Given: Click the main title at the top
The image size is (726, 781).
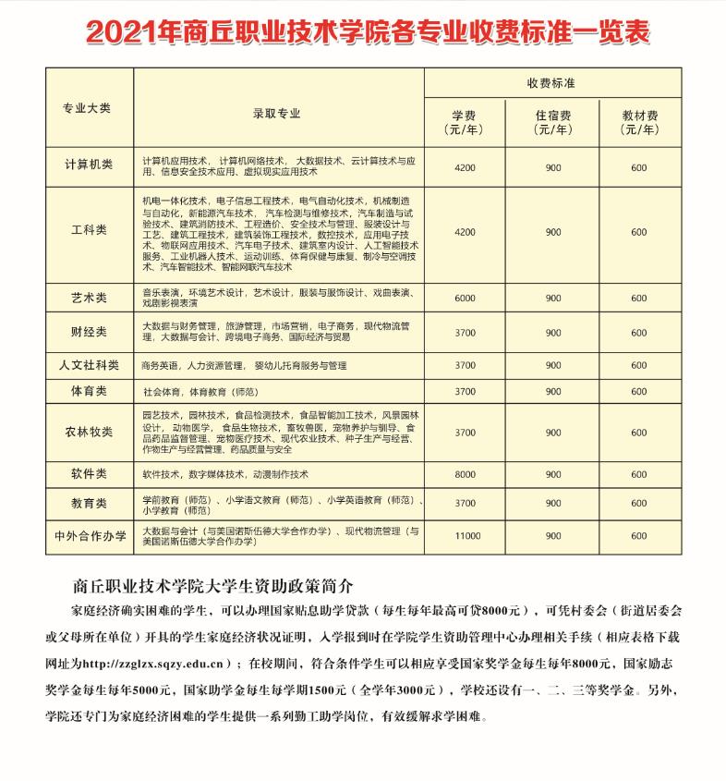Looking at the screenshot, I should point(367,31).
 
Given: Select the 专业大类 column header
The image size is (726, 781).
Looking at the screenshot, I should point(87,108).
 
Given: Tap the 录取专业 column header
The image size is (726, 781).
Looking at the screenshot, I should point(277,114).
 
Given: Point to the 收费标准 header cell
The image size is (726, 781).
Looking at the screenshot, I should point(551,83).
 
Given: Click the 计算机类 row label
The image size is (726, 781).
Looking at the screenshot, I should point(89,165).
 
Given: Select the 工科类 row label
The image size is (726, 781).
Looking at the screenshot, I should point(89,230).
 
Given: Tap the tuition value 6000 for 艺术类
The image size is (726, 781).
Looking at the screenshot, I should point(465,298).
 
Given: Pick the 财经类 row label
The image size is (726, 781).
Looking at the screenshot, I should point(89,332).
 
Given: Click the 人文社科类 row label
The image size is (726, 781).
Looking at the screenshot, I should point(89,365).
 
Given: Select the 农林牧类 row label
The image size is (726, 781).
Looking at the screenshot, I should point(89,432).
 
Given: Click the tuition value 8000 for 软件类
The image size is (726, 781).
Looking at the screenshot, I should point(465,474).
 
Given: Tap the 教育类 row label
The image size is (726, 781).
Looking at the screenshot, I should point(89,504).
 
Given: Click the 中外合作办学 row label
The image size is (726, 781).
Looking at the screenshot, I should point(89,536).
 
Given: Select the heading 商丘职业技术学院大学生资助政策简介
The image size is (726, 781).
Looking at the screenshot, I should point(212,586).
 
